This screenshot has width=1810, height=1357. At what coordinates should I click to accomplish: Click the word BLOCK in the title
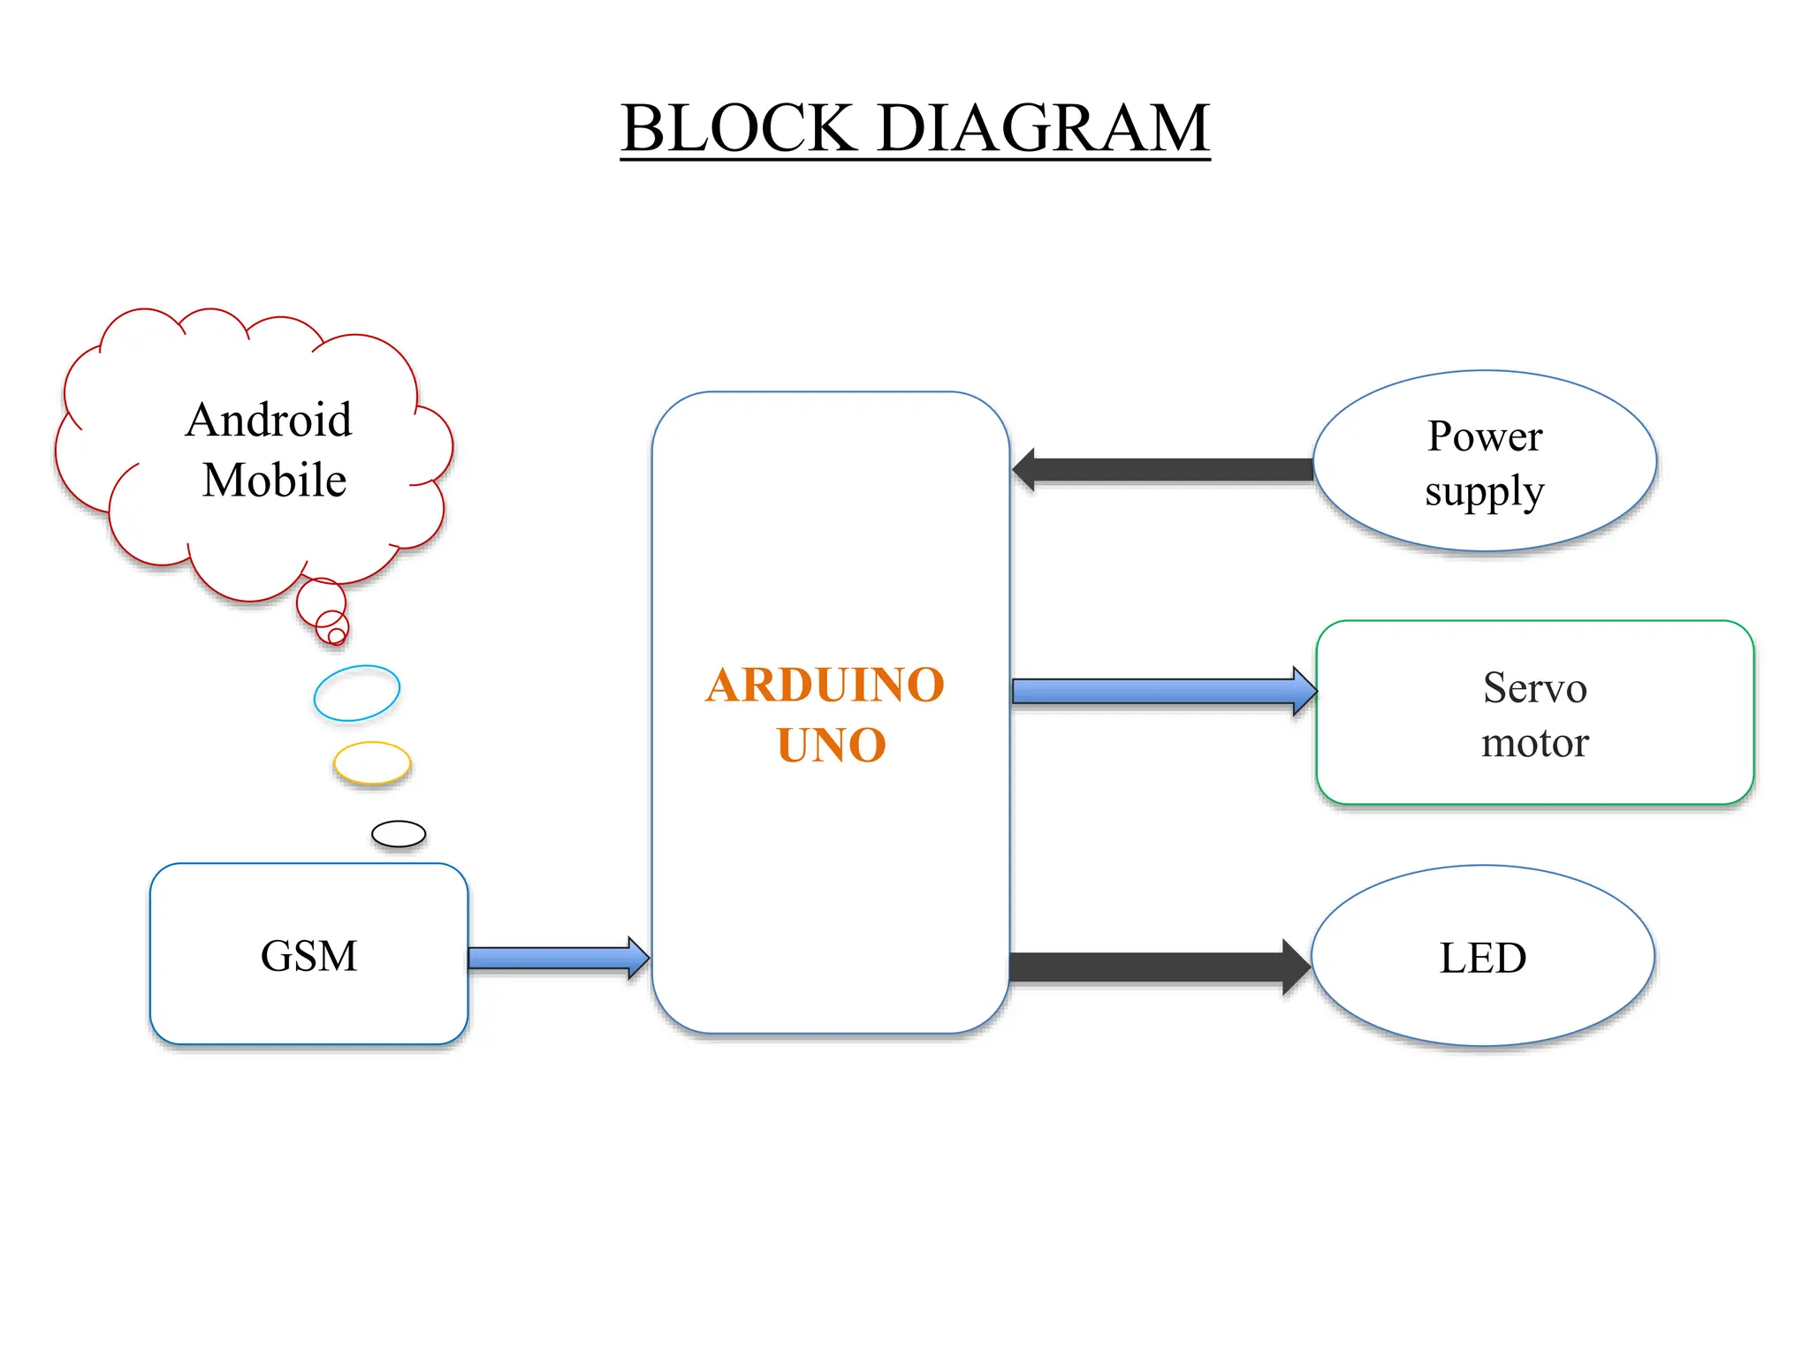738,128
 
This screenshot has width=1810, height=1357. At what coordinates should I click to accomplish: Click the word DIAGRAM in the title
1043,128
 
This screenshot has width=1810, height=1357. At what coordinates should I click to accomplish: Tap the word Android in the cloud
269,420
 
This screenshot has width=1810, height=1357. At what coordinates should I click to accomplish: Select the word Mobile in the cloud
274,481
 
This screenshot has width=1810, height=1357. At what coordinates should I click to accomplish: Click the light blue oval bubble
357,694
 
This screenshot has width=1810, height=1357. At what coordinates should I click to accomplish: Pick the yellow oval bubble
372,763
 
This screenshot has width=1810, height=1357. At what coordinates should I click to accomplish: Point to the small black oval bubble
399,834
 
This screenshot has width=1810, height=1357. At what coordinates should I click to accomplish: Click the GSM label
308,956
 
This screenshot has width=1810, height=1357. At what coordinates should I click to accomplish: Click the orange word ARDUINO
825,686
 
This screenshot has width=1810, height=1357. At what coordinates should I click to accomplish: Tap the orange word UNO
831,746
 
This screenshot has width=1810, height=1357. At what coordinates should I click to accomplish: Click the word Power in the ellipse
1485,436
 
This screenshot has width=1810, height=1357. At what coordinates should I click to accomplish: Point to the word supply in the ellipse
1484,492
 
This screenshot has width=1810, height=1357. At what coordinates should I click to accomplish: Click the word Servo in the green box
1534,688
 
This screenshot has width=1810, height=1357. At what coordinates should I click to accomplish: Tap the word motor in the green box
1534,743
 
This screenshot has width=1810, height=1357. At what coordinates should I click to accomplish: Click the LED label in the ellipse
1482,959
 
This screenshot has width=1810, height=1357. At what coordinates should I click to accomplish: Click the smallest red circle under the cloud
336,636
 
